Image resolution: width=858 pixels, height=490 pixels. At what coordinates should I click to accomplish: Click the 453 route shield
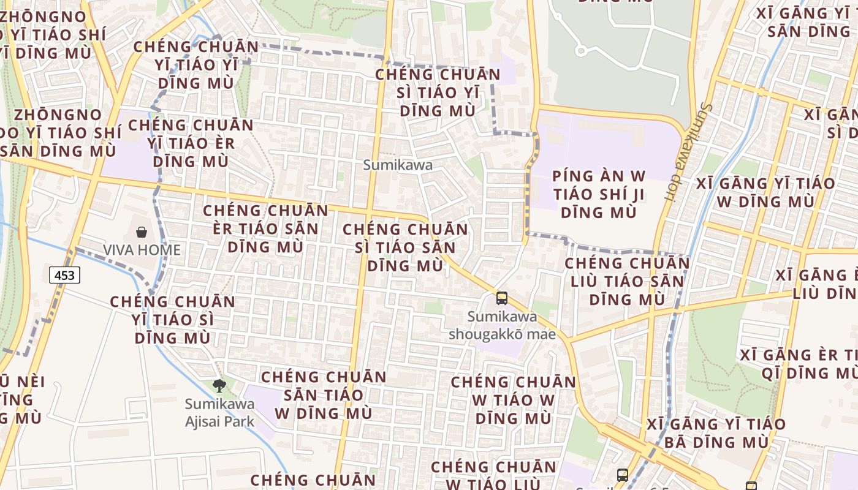point(64,276)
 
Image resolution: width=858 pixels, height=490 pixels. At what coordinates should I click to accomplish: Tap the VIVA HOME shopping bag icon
point(142,232)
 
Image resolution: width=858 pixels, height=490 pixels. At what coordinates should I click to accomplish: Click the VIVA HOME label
point(142,250)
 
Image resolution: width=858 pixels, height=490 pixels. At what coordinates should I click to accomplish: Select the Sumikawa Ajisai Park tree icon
point(219,385)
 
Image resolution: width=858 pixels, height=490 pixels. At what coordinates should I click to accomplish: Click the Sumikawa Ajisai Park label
point(220,413)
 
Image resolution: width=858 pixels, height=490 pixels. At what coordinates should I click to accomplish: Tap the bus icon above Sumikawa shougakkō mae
point(502,298)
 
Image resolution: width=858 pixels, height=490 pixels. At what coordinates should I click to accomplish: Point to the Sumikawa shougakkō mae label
point(502,325)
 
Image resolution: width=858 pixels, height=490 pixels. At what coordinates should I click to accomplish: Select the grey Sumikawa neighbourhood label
point(398,165)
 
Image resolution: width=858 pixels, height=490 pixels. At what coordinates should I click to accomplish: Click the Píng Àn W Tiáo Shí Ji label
point(599,194)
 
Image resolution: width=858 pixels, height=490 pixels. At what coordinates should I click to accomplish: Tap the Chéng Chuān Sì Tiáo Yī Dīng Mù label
point(438,92)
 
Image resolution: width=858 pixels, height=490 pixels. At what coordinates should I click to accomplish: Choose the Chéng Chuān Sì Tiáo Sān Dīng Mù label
point(405,247)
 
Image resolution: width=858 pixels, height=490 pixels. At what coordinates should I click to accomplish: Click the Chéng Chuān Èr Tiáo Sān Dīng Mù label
point(266,228)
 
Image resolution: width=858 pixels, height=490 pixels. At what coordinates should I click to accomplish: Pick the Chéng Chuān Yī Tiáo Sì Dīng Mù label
point(173,319)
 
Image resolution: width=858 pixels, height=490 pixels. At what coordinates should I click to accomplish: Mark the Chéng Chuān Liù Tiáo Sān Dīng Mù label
point(627,281)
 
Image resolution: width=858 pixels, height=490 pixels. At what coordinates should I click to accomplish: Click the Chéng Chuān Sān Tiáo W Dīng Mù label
point(324,394)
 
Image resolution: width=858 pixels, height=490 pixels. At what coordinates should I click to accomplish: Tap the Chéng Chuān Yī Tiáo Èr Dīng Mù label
point(191,143)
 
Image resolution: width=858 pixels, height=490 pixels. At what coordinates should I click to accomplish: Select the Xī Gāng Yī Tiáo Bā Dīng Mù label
point(716,432)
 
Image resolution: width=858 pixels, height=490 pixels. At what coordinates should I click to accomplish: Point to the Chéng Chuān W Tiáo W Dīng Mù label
point(514,401)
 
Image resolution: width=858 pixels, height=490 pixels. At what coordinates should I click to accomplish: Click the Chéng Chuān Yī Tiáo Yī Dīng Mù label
point(196,64)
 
